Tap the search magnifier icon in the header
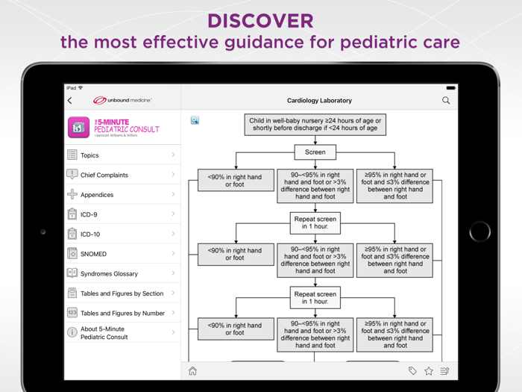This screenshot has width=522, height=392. click(x=446, y=100)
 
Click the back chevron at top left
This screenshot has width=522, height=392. click(x=70, y=100)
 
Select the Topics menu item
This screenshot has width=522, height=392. click(x=122, y=155)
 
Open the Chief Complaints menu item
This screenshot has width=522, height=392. click(x=122, y=175)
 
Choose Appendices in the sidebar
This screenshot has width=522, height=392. click(x=122, y=195)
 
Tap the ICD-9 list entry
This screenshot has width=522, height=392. click(x=122, y=214)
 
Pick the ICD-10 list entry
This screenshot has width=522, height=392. click(x=122, y=234)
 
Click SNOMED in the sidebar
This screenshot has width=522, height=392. click(x=122, y=254)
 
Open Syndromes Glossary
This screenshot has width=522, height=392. click(x=122, y=274)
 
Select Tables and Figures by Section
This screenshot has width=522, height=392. click(x=122, y=293)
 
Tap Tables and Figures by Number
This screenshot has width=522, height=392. click(x=122, y=314)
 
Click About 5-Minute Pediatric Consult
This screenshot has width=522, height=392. click(x=122, y=332)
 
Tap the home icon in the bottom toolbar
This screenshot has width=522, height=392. click(x=193, y=371)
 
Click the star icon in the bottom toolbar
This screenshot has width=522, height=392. click(x=429, y=371)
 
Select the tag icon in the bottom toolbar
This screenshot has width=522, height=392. click(x=412, y=371)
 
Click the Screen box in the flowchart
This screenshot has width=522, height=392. click(x=315, y=152)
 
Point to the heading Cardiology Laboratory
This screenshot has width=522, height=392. click(x=319, y=100)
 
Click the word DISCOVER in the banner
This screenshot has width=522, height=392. click(x=260, y=20)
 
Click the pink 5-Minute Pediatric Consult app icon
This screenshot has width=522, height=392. click(x=79, y=128)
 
